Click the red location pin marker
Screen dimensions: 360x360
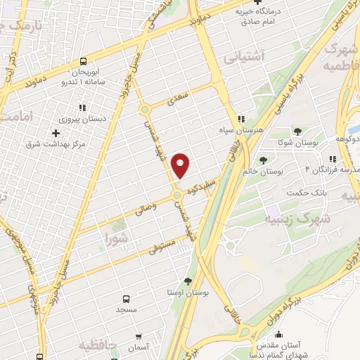tap(181, 165)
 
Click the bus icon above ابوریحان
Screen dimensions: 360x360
tap(84, 61)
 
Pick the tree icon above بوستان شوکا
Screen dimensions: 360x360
tap(297, 131)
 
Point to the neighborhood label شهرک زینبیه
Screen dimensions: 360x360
tap(287, 219)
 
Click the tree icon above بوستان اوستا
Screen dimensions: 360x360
tap(186, 281)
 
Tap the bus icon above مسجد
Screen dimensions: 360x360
tap(127, 298)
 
